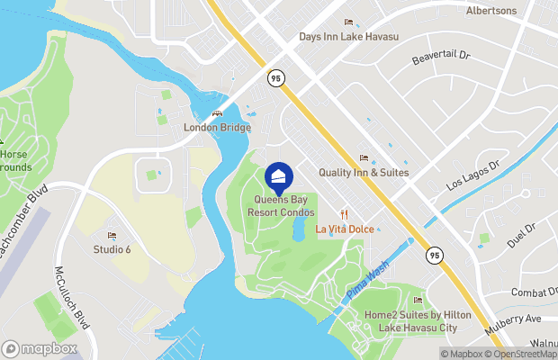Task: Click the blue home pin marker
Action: tap(280, 176)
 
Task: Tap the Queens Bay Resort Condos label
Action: tap(282, 206)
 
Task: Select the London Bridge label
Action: tap(217, 128)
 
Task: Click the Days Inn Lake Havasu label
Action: tap(348, 37)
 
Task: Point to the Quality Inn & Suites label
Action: tap(364, 172)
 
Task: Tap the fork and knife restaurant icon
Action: tap(344, 214)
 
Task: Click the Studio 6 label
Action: tap(112, 249)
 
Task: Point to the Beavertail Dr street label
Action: tap(442, 56)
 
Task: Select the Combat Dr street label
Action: tap(535, 292)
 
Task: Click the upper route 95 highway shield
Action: tap(274, 78)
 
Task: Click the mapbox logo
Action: tap(40, 348)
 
